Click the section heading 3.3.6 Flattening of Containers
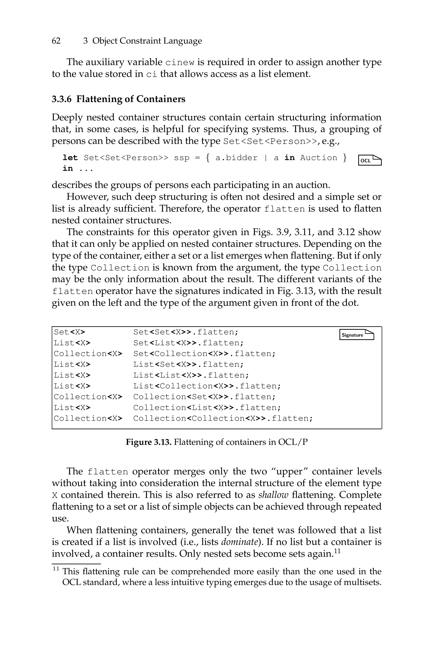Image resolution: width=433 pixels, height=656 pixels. [118, 99]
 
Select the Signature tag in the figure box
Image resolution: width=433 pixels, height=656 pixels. [356, 335]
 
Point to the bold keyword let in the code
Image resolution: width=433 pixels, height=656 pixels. [70, 158]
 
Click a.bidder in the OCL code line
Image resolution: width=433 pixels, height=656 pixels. [236, 158]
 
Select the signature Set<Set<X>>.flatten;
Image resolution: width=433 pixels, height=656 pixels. [186, 332]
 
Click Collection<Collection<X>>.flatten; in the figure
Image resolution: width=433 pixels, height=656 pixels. [223, 419]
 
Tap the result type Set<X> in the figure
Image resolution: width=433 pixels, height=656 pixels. [70, 332]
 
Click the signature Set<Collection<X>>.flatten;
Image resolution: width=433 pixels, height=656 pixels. [204, 354]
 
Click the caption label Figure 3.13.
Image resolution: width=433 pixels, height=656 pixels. [149, 442]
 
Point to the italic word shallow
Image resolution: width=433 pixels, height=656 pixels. [273, 495]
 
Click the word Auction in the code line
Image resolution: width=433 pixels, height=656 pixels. [318, 158]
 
